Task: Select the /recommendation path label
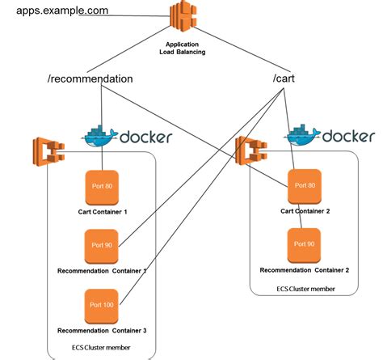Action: [x=90, y=79]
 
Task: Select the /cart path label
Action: [x=288, y=79]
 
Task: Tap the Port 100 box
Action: [x=103, y=306]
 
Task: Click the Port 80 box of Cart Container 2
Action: [x=305, y=186]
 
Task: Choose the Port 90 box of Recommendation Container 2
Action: [x=305, y=244]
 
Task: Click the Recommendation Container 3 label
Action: [x=102, y=331]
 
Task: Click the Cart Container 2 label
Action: [x=305, y=213]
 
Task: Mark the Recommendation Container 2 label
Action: [x=305, y=269]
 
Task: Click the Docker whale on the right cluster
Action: [x=303, y=135]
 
